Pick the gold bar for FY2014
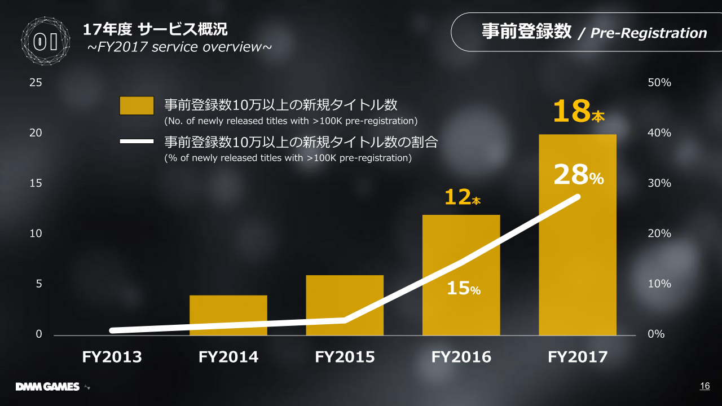pos(228,315)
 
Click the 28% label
pos(578,176)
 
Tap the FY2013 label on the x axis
pos(112,357)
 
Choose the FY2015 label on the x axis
pos(345,357)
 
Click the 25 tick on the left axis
pos(36,82)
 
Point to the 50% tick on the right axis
pos(659,82)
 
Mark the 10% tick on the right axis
pos(659,284)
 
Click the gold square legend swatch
pos(137,105)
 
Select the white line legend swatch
pos(137,141)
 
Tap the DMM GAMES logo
pos(47,387)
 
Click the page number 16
pos(705,386)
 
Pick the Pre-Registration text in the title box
pos(648,33)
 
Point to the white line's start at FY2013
pos(113,330)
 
